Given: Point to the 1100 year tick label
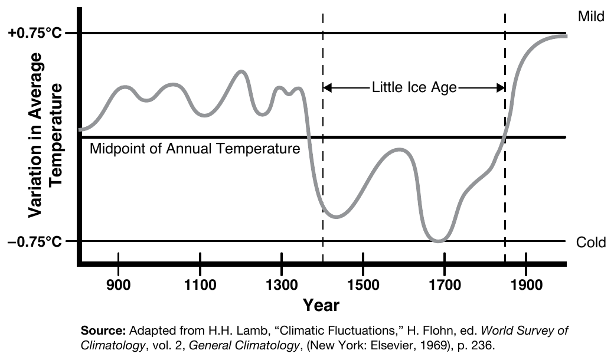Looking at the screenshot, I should (x=201, y=284).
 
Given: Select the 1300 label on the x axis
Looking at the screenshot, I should (x=282, y=284).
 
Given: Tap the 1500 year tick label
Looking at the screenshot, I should (x=364, y=284).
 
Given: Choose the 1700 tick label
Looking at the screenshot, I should (x=445, y=284).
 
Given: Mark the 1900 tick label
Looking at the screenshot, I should (x=527, y=284).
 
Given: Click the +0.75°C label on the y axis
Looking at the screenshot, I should (x=35, y=33).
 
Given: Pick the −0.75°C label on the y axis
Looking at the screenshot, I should (x=35, y=242).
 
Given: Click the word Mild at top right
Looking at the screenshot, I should (x=591, y=17).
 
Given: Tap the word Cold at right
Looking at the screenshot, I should (x=591, y=243).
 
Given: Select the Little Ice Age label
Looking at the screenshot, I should (x=414, y=88).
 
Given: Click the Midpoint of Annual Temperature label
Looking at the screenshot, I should (x=195, y=149).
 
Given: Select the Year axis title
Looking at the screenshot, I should (x=321, y=305).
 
